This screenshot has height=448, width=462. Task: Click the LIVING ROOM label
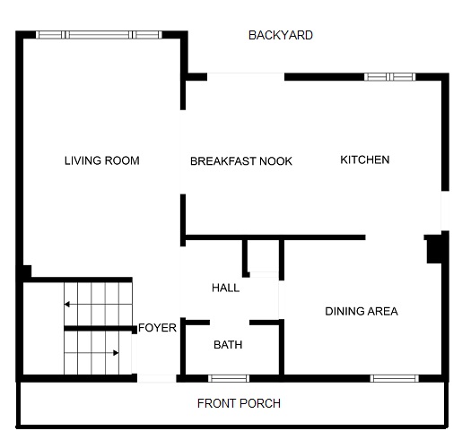[101, 161]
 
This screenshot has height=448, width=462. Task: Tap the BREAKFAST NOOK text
[241, 161]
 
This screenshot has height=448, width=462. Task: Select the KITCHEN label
[364, 159]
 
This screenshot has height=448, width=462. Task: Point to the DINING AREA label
[361, 312]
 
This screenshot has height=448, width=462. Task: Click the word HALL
[225, 288]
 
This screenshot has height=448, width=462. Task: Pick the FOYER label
[157, 328]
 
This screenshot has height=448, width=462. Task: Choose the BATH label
[228, 345]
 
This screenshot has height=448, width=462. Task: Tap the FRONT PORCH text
[239, 403]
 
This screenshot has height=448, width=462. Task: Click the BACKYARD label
[281, 35]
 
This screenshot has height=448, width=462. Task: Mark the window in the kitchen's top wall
[390, 77]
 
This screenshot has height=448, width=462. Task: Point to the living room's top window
[100, 35]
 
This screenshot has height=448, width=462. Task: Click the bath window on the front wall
[230, 377]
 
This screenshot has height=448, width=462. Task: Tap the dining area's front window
[395, 377]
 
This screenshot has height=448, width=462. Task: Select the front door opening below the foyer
[157, 378]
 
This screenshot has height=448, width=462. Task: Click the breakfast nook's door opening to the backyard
[246, 77]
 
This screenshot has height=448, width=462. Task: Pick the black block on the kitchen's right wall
[435, 247]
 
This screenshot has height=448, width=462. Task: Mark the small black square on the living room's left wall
[27, 271]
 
